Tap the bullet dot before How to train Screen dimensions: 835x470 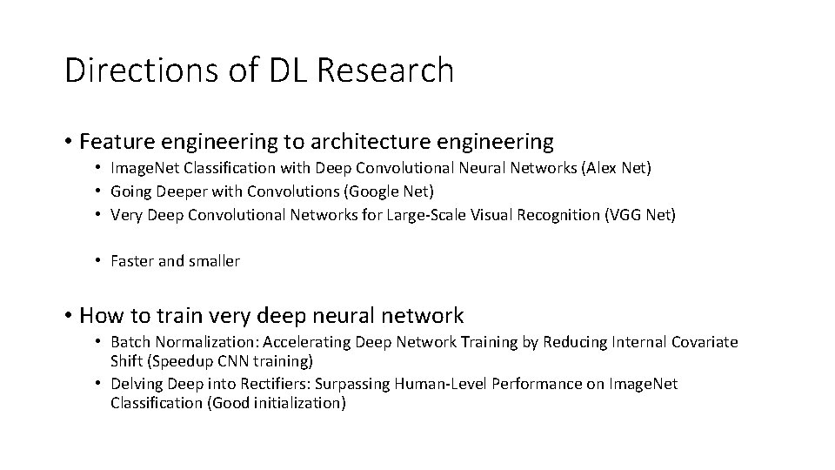point(68,316)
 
